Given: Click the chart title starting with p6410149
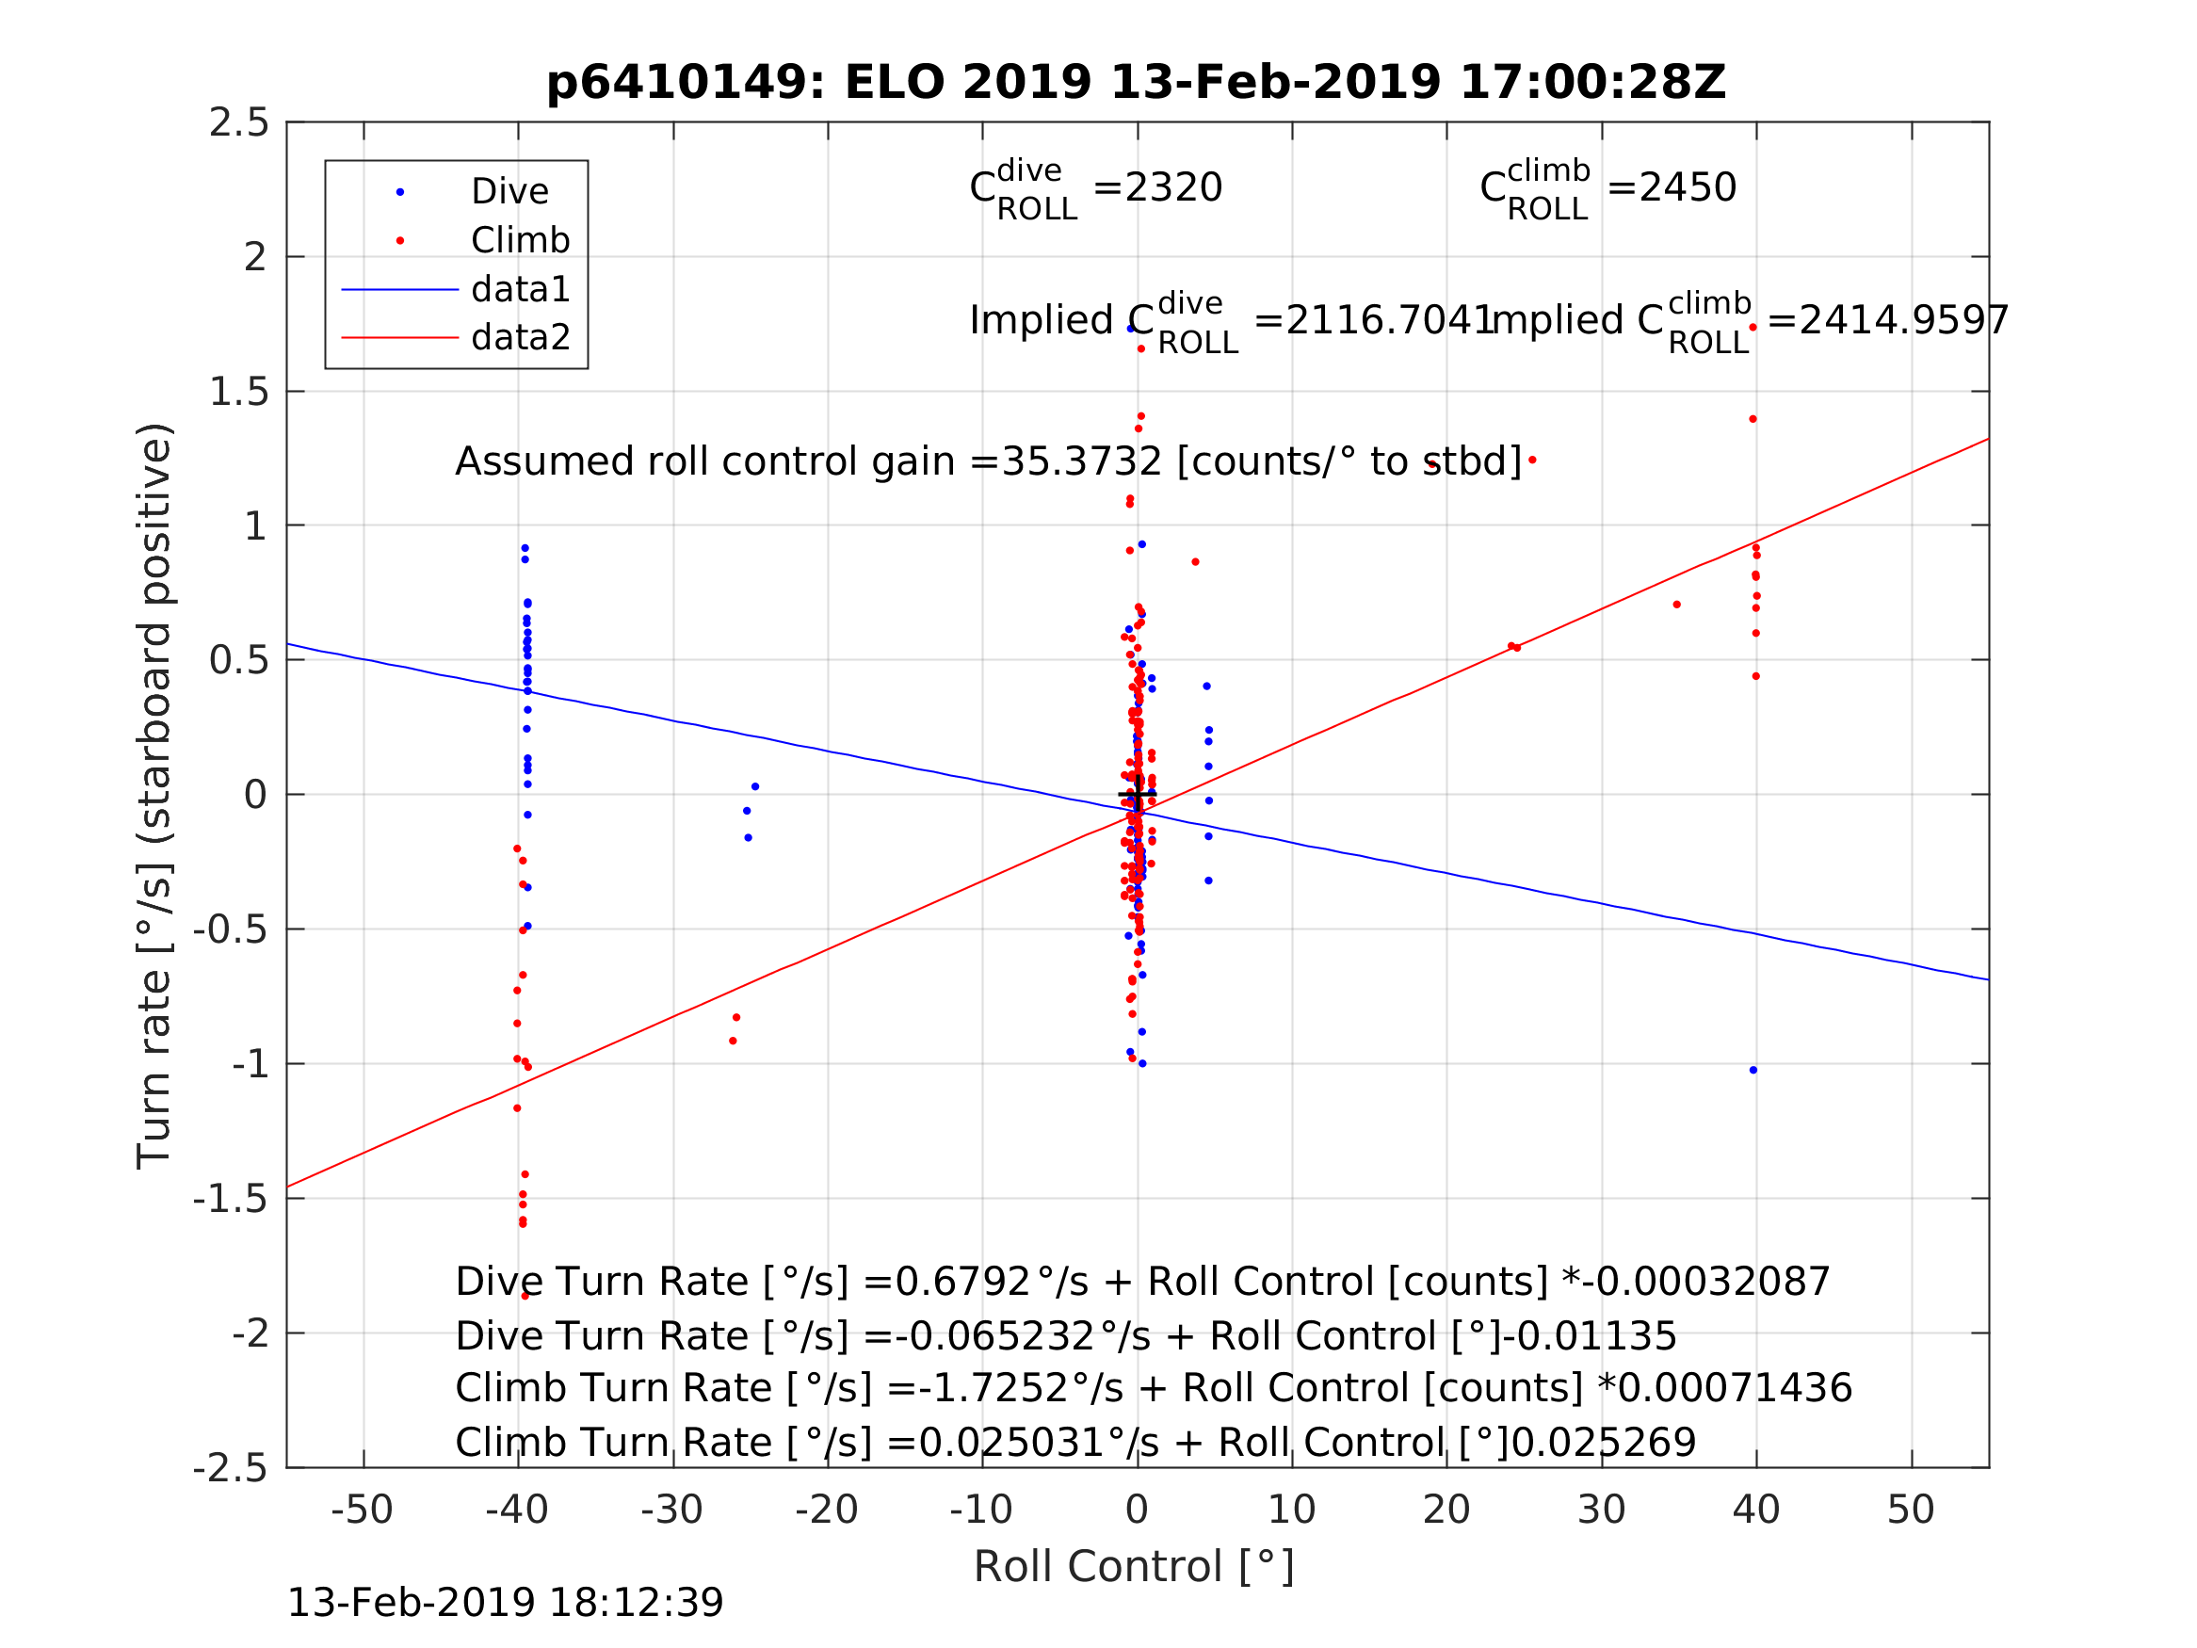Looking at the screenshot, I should click(x=1137, y=83).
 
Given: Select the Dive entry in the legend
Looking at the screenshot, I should click(x=509, y=192).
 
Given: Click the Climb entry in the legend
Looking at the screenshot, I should click(x=520, y=240).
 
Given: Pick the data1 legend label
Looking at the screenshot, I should click(x=521, y=289).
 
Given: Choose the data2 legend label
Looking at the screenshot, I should click(x=521, y=338).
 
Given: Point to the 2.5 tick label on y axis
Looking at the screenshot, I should click(x=238, y=123).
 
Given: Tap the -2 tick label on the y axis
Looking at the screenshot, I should click(x=250, y=1334).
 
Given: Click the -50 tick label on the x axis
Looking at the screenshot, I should click(x=362, y=1510).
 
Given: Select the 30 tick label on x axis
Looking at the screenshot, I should click(x=1601, y=1510).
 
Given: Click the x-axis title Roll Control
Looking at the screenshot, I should click(x=1133, y=1567).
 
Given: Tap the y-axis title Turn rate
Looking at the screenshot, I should click(x=155, y=796).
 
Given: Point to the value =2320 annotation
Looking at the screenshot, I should click(x=1157, y=187).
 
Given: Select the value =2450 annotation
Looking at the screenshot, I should click(x=1672, y=187).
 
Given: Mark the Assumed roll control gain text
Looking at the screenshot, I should click(x=987, y=462).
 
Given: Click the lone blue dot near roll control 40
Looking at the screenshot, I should click(x=1753, y=1071).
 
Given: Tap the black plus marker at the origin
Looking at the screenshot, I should click(x=1138, y=795).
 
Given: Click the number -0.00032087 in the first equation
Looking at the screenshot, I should click(x=1706, y=1283).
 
